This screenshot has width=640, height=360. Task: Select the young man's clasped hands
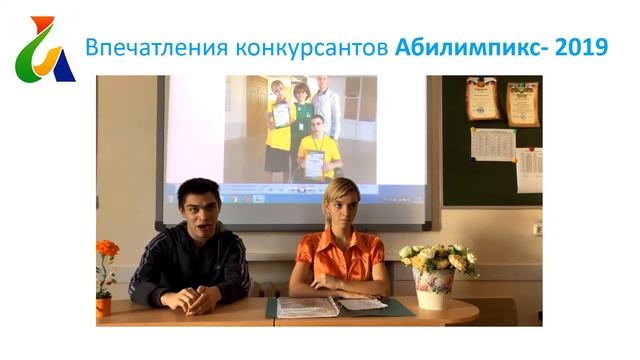point(189,298)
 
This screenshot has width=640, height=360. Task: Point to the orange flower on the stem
point(107,249)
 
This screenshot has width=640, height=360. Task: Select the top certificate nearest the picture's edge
point(522,103)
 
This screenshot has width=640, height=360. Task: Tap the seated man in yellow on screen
point(317,150)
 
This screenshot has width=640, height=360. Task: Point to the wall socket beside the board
point(537,228)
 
